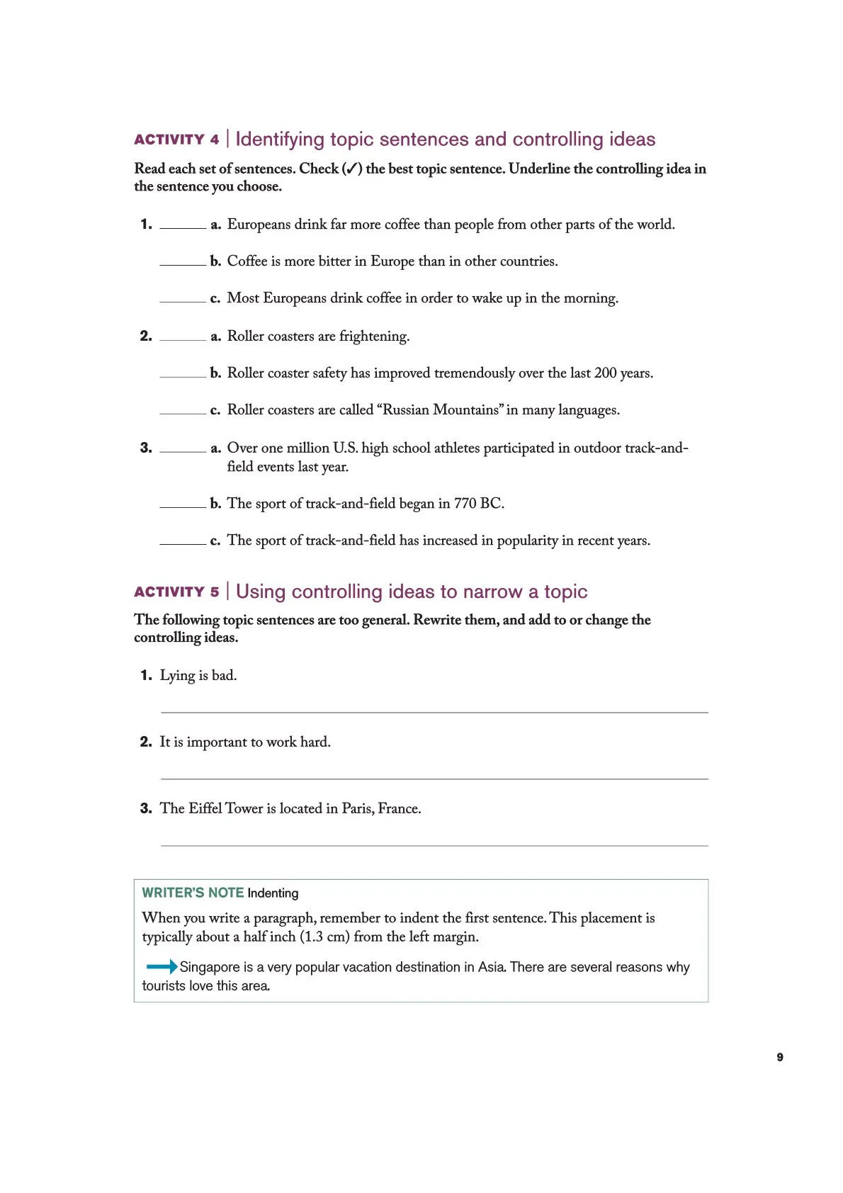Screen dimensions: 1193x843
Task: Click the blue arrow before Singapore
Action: click(x=162, y=966)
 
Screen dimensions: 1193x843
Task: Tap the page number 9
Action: click(x=780, y=1057)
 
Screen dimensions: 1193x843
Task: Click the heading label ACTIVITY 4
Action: click(x=176, y=140)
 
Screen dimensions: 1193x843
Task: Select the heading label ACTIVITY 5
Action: click(x=176, y=592)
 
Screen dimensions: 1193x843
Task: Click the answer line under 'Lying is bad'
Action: click(x=434, y=711)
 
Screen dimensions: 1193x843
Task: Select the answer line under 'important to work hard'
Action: click(x=434, y=778)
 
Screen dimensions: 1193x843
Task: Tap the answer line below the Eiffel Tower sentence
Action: click(x=434, y=844)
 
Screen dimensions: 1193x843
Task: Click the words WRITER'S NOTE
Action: click(x=193, y=893)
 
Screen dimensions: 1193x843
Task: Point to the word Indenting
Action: click(x=273, y=893)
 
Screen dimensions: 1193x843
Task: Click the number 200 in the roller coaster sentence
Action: click(x=606, y=373)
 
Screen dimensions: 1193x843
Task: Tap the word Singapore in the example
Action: click(x=210, y=967)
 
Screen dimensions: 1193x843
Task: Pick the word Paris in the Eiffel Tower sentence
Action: click(x=358, y=808)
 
